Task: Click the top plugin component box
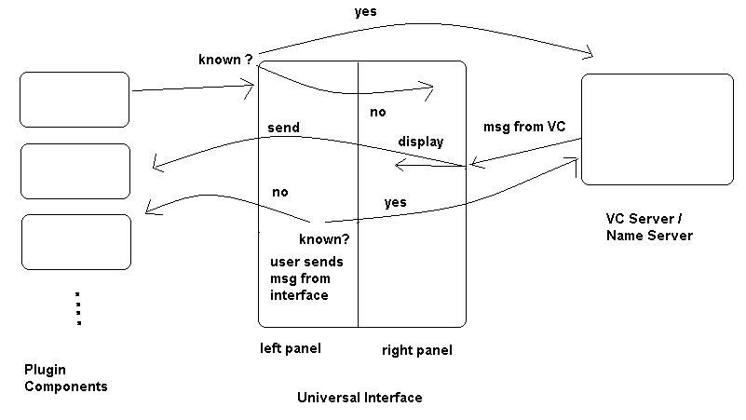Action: point(75,99)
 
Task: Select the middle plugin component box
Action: point(75,170)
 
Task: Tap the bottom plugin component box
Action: point(75,242)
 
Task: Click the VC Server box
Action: point(657,129)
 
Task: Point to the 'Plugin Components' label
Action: point(65,378)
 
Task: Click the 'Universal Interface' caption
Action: point(359,398)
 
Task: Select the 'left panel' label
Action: point(292,349)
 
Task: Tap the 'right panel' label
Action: point(417,351)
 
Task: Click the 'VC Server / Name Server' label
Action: point(649,227)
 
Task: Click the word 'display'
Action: point(421,142)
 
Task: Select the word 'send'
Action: point(283,128)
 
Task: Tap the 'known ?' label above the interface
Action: point(225,61)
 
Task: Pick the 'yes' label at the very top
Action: point(365,12)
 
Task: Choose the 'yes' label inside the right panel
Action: point(395,202)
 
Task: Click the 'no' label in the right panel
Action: point(378,112)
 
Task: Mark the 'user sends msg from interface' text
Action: point(301,278)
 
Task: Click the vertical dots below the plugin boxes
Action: point(78,308)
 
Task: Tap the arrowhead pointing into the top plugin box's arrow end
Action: point(251,89)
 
